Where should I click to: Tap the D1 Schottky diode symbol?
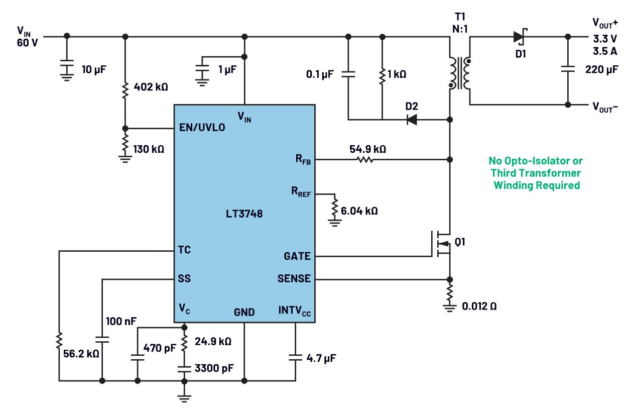pos(520,37)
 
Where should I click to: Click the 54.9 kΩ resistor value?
pos(368,149)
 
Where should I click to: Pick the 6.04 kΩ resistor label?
pos(359,211)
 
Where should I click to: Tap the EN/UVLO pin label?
pos(202,127)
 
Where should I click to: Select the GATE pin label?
pos(297,256)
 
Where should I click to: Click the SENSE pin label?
pos(294,278)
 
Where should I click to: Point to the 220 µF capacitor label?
pos(601,70)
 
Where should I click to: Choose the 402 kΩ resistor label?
pos(151,86)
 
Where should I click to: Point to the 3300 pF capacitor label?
pos(214,368)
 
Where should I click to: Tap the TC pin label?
pos(184,250)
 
